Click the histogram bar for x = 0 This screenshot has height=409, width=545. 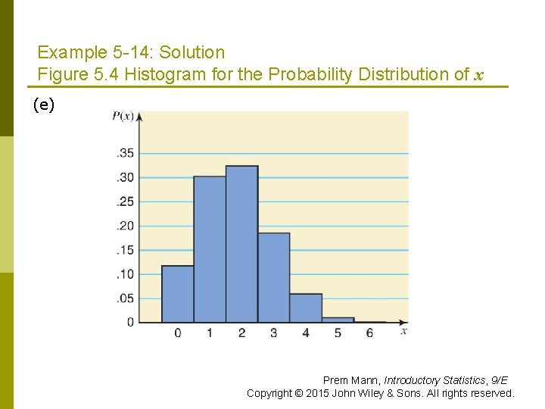[x=177, y=294]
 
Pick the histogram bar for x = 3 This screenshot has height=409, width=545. [x=273, y=277]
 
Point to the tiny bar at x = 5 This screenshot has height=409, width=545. [x=338, y=320]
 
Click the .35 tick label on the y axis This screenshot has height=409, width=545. [x=125, y=153]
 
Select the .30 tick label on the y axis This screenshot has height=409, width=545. [x=125, y=177]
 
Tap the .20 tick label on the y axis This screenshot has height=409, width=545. [x=125, y=226]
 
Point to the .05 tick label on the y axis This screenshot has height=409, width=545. [x=125, y=298]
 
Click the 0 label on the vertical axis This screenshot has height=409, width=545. [x=130, y=322]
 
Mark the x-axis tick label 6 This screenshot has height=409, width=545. [x=369, y=333]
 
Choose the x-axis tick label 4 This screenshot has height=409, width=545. [x=306, y=333]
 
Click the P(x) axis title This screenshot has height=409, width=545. [x=123, y=116]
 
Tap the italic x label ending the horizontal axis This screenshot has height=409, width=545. [x=404, y=331]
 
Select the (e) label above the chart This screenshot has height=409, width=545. [x=44, y=105]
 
